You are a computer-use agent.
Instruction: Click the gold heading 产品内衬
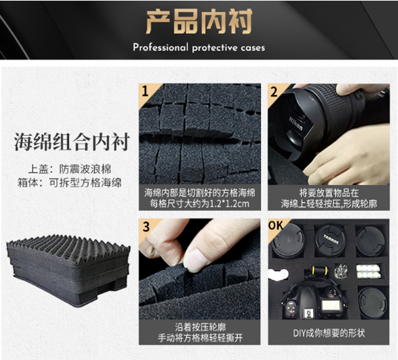coord(199,21)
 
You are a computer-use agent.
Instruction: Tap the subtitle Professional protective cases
coord(199,47)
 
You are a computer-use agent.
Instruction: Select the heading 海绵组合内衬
coord(72,141)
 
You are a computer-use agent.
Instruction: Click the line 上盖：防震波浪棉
coord(69,169)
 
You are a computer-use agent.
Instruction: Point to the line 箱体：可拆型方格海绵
coord(69,182)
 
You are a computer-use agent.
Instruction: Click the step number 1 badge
coord(145,91)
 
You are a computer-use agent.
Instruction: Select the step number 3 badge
coord(146,226)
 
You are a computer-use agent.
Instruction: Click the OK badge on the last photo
coord(276,225)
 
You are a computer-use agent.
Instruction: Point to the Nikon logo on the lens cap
coord(296,123)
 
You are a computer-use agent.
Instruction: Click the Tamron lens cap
coord(330,241)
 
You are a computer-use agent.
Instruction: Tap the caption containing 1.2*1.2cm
coord(200,198)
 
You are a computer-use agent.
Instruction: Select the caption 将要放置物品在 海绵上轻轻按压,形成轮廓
coord(329,198)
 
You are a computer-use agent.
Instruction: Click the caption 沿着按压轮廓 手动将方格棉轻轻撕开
coord(200,332)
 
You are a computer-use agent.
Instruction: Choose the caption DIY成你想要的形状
coord(329,333)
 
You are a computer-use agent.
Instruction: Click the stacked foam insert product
coord(68,270)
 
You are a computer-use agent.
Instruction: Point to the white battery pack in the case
coord(368,272)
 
